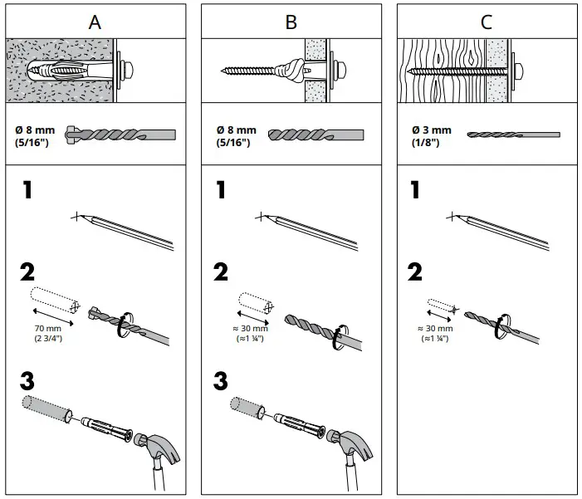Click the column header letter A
(x=95, y=22)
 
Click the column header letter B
(x=291, y=22)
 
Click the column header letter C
(x=487, y=22)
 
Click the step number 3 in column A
(x=27, y=384)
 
